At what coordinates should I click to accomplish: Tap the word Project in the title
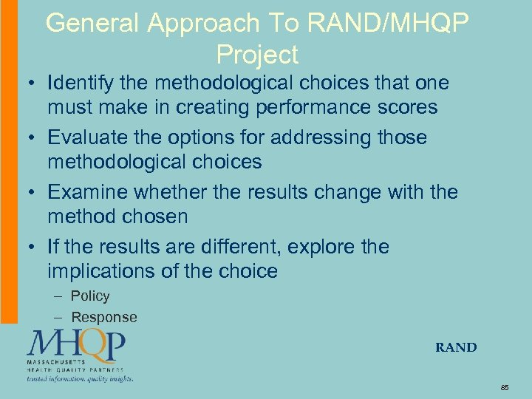(x=257, y=55)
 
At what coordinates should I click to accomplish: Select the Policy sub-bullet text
(x=90, y=296)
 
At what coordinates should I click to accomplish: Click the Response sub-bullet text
(x=104, y=318)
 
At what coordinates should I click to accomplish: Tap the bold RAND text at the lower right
(x=456, y=347)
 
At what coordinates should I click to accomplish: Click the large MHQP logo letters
(x=76, y=344)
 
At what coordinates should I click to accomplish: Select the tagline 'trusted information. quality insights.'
(x=80, y=378)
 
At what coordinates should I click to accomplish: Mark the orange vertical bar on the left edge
(x=8, y=163)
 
